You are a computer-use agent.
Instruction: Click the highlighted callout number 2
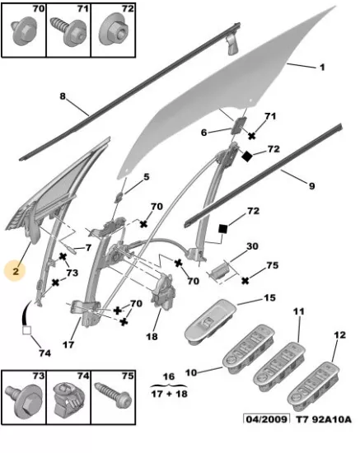[16, 271]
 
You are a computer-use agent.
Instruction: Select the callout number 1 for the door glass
[322, 68]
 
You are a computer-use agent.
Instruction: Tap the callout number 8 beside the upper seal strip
[63, 96]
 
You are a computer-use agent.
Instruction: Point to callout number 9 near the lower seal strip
[311, 186]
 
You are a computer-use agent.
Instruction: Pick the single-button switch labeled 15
[211, 321]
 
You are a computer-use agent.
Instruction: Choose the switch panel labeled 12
[314, 385]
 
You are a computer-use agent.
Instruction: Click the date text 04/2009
[266, 419]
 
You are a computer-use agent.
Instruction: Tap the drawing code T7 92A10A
[324, 419]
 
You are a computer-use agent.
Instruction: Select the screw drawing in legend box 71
[68, 31]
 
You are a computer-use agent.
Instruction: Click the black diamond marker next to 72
[247, 156]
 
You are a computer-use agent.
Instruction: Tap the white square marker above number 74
[27, 330]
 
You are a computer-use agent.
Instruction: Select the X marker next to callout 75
[245, 281]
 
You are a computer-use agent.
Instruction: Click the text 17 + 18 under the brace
[170, 394]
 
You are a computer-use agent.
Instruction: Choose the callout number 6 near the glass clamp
[204, 133]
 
